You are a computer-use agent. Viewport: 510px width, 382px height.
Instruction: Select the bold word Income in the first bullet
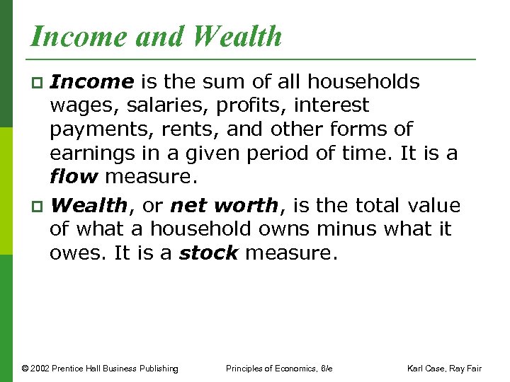coord(92,82)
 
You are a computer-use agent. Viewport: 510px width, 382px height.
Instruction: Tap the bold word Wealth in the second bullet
coord(89,206)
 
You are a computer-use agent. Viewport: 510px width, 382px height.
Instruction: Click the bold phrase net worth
coord(225,206)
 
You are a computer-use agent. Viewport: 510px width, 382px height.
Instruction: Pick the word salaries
coord(149,106)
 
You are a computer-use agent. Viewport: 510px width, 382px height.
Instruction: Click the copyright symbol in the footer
coord(25,368)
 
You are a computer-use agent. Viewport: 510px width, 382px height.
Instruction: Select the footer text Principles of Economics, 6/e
coord(279,368)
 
